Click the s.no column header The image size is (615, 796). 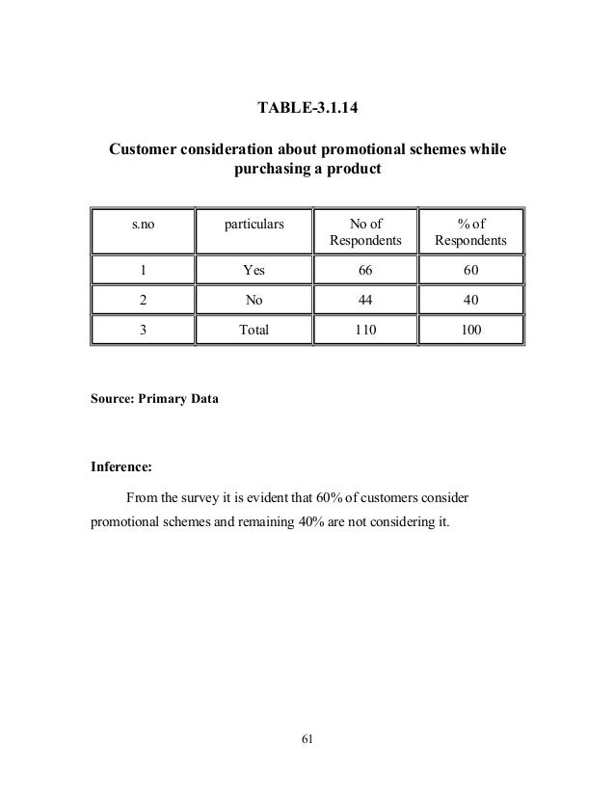[x=144, y=225]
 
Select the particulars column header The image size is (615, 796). [x=254, y=225]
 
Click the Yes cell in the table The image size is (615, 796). [x=254, y=270]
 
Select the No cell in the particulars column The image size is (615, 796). [x=254, y=300]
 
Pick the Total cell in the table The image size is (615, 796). [x=254, y=330]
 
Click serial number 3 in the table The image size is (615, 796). [x=144, y=330]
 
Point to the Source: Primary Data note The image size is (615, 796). [x=154, y=397]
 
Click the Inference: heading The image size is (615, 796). [x=120, y=471]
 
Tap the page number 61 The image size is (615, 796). [x=307, y=739]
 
